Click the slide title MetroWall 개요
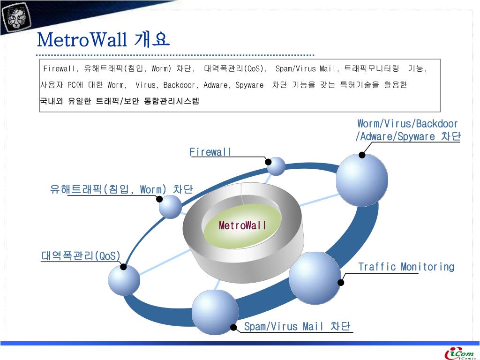[x=103, y=40]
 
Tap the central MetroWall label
[x=242, y=225]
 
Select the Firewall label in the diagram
[x=210, y=152]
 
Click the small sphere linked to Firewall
[x=276, y=166]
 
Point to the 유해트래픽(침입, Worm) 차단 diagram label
[x=121, y=189]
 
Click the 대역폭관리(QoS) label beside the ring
[x=81, y=256]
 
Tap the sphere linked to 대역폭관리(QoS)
[x=124, y=280]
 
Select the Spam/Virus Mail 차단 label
[x=297, y=326]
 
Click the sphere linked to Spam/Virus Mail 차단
[x=215, y=312]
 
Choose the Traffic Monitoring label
[x=406, y=267]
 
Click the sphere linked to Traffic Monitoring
[x=315, y=277]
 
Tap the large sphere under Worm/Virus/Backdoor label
[x=362, y=179]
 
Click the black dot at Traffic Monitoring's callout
[x=341, y=283]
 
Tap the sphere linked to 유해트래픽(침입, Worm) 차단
[x=170, y=207]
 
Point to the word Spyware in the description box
[x=249, y=85]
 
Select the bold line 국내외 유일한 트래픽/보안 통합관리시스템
[x=120, y=101]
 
